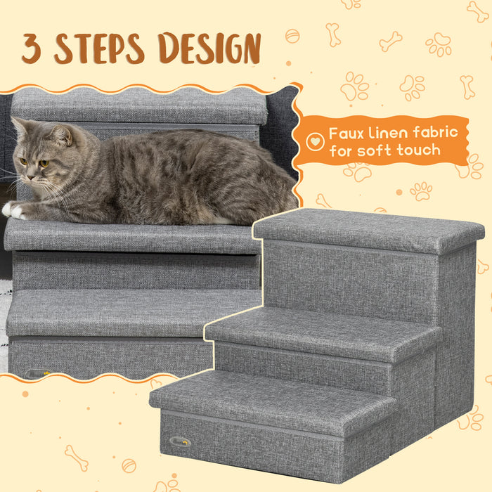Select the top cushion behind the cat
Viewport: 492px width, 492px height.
pos(141,105)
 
